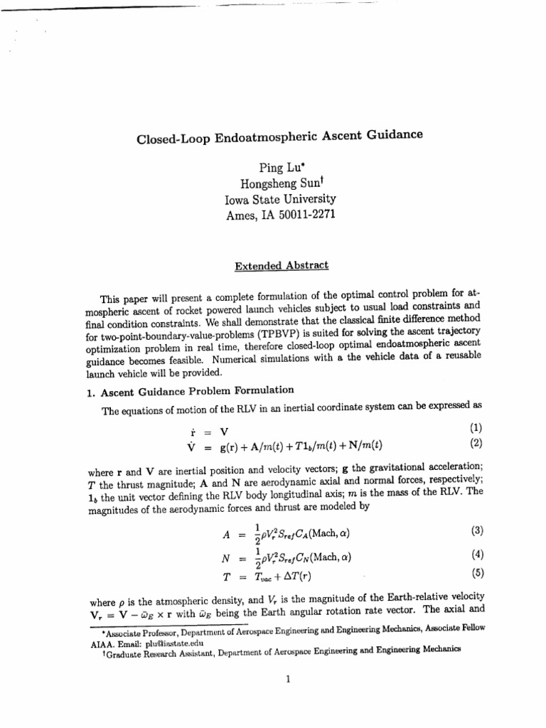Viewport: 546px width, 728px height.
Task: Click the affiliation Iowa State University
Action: [280, 200]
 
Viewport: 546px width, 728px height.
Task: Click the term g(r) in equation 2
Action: [235, 446]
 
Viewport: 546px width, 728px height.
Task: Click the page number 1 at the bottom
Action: [286, 678]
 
